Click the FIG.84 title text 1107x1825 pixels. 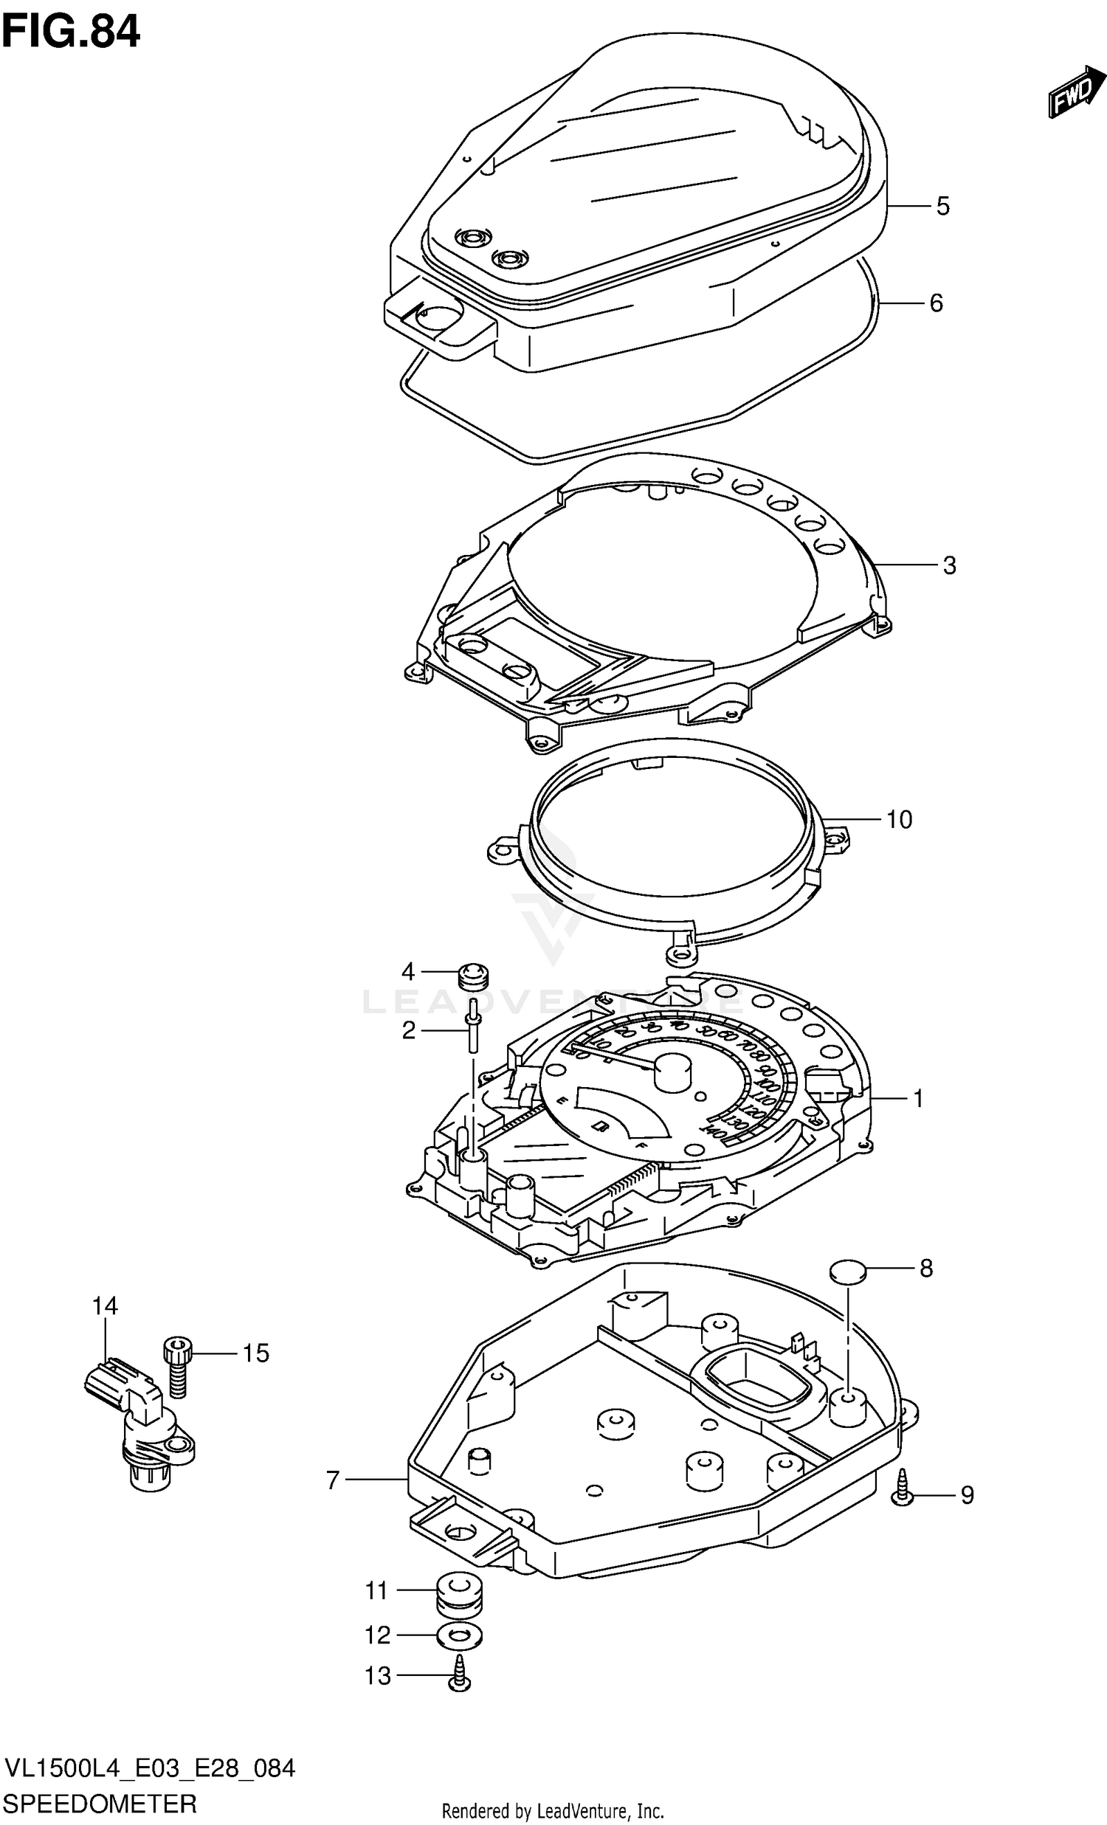tap(70, 33)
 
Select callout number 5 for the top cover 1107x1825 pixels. tap(942, 206)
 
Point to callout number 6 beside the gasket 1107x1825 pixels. tap(936, 303)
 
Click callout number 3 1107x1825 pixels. tap(949, 565)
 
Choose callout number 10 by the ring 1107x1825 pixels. tap(899, 819)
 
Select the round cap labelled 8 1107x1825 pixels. tap(847, 1272)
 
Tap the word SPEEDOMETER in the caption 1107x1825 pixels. tap(100, 1802)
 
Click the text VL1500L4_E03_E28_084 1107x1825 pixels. tap(150, 1768)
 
